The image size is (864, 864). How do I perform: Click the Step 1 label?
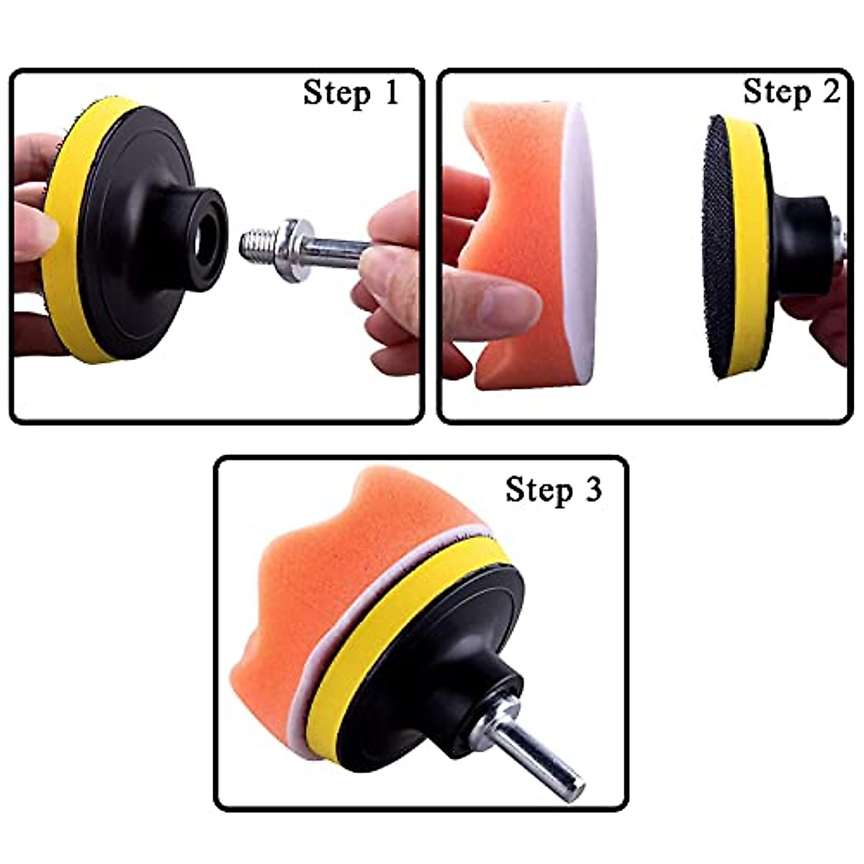[351, 94]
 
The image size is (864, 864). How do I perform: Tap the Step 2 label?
[791, 93]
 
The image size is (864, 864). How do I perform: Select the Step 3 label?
[552, 490]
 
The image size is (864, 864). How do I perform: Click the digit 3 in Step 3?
[592, 490]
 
